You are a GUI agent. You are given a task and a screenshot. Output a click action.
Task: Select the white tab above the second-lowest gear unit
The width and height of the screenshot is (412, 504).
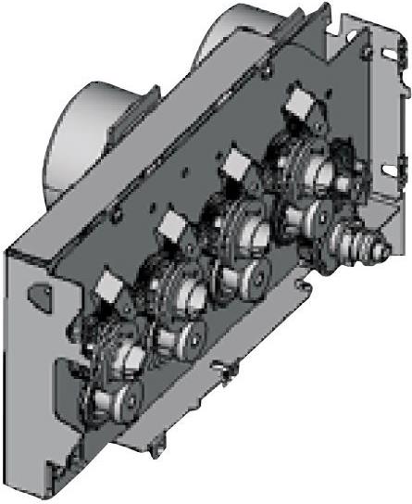coord(172,225)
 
